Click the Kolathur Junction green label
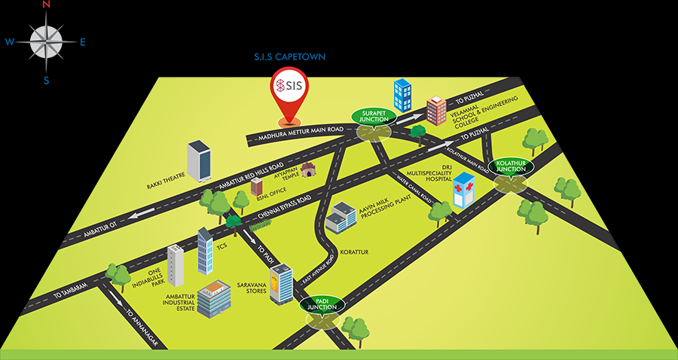click(508, 166)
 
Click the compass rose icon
click(47, 41)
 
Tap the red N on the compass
click(47, 5)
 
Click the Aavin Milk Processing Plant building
click(340, 217)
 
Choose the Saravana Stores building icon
click(280, 284)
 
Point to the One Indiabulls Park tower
click(176, 265)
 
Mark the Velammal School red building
click(436, 111)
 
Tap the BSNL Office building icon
click(257, 186)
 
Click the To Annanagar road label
click(143, 327)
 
